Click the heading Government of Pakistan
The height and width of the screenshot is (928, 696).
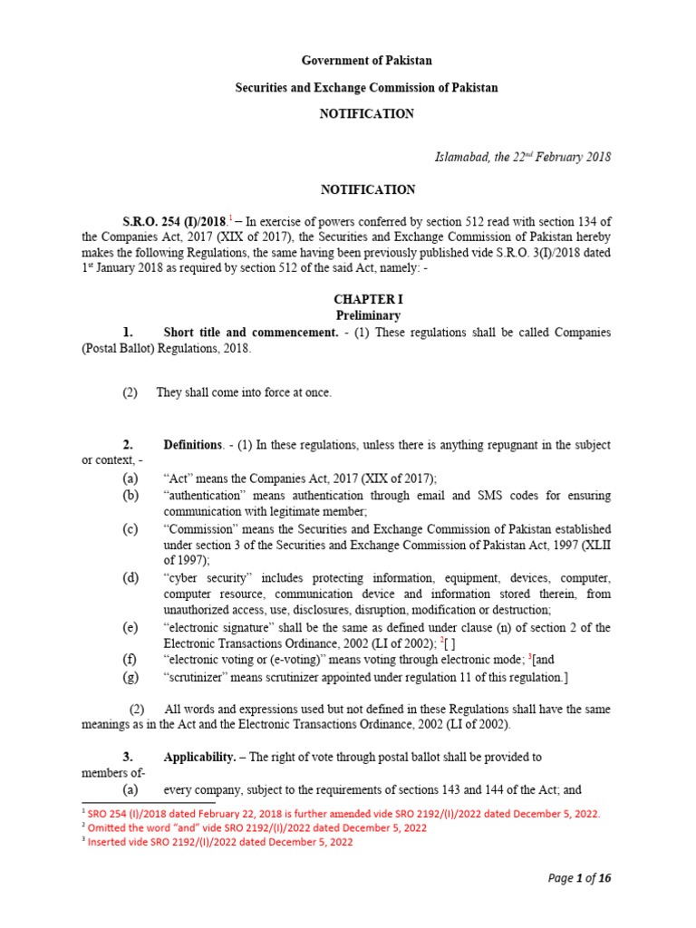366,61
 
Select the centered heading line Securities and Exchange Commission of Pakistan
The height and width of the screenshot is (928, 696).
366,88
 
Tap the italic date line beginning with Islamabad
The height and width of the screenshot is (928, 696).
523,157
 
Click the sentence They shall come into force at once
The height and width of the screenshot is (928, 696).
244,392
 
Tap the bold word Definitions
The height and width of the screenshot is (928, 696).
192,445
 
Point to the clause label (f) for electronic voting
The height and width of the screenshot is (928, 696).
131,660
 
